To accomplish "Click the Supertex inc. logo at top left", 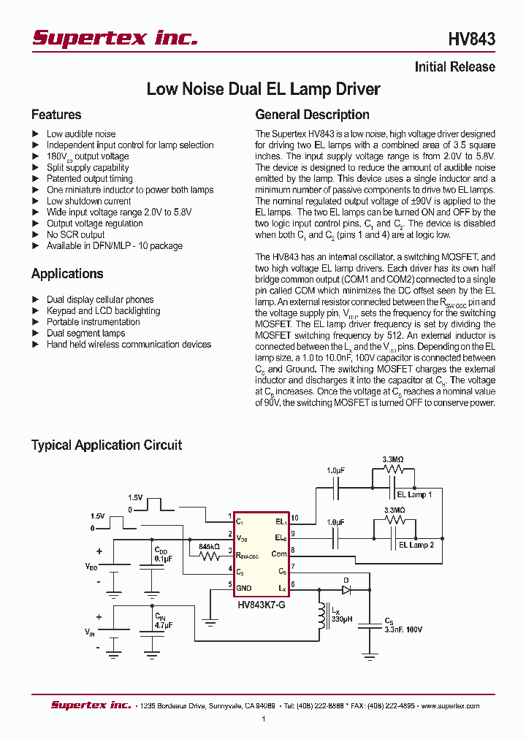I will click(x=115, y=38).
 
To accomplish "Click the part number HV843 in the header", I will click(x=471, y=39).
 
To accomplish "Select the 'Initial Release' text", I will click(x=454, y=67).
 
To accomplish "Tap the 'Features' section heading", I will click(x=56, y=115).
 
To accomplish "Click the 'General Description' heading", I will click(x=312, y=115).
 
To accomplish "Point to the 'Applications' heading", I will click(x=67, y=274).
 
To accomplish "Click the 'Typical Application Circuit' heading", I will click(x=107, y=445).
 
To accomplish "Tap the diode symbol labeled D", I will click(x=346, y=589).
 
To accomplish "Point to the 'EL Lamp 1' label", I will click(x=415, y=494).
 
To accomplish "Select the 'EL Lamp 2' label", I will click(x=416, y=545).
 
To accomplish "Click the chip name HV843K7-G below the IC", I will click(x=261, y=605).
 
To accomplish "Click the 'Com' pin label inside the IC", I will click(x=279, y=554).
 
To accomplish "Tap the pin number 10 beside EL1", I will click(x=294, y=519).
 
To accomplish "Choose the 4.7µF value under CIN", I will click(x=164, y=626).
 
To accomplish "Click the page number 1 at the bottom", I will click(x=263, y=719).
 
